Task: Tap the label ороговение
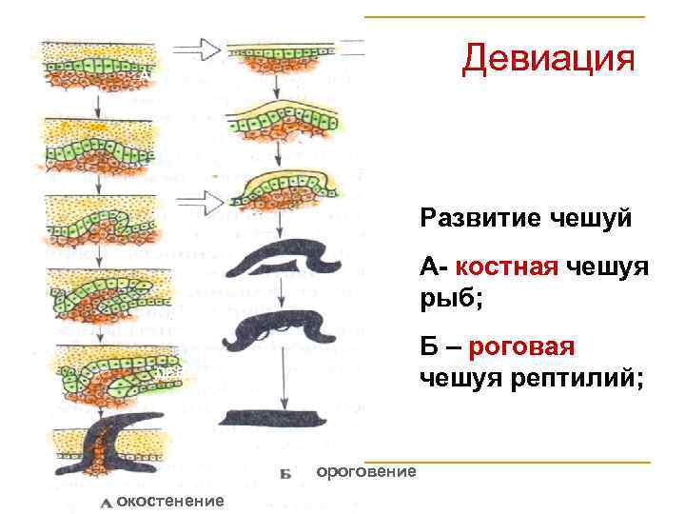tap(365, 471)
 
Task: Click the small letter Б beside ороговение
tap(285, 472)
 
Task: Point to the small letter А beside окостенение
tap(107, 502)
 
